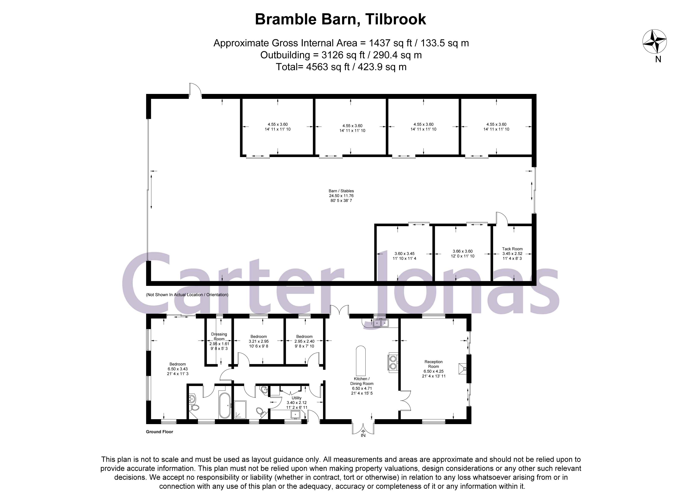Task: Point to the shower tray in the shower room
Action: pos(240,409)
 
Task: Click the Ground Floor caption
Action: pos(159,432)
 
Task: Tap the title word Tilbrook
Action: pos(396,19)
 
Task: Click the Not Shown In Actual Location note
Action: pos(187,295)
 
